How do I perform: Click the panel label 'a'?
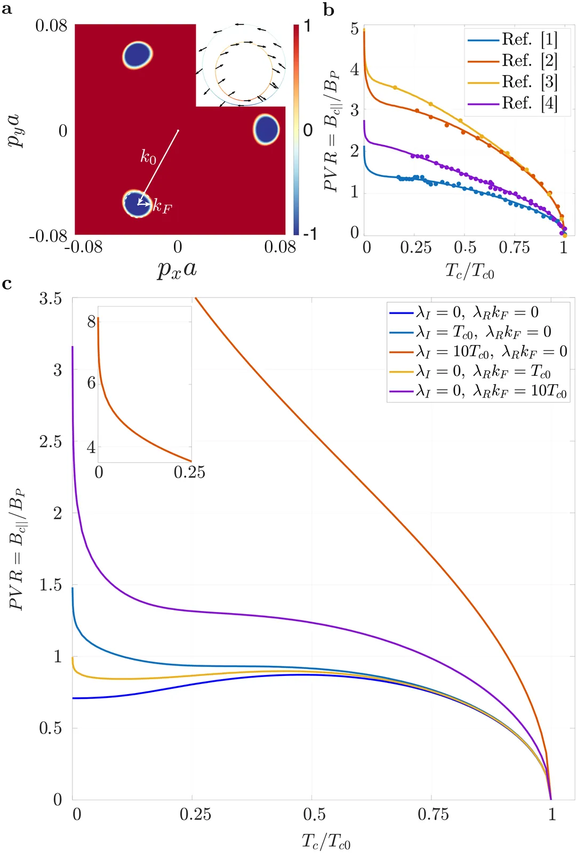(7, 9)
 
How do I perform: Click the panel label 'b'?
(329, 9)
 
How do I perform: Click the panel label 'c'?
(7, 284)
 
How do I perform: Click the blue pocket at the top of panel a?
(138, 55)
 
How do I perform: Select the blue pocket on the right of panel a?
(266, 130)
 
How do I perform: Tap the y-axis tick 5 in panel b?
(355, 29)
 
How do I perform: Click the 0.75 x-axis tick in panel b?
(514, 248)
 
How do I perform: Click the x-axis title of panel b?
(470, 271)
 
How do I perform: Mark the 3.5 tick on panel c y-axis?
(50, 299)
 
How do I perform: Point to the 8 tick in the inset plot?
(92, 321)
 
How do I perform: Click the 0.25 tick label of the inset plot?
(189, 472)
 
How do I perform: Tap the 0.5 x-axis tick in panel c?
(314, 815)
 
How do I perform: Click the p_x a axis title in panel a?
(177, 269)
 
